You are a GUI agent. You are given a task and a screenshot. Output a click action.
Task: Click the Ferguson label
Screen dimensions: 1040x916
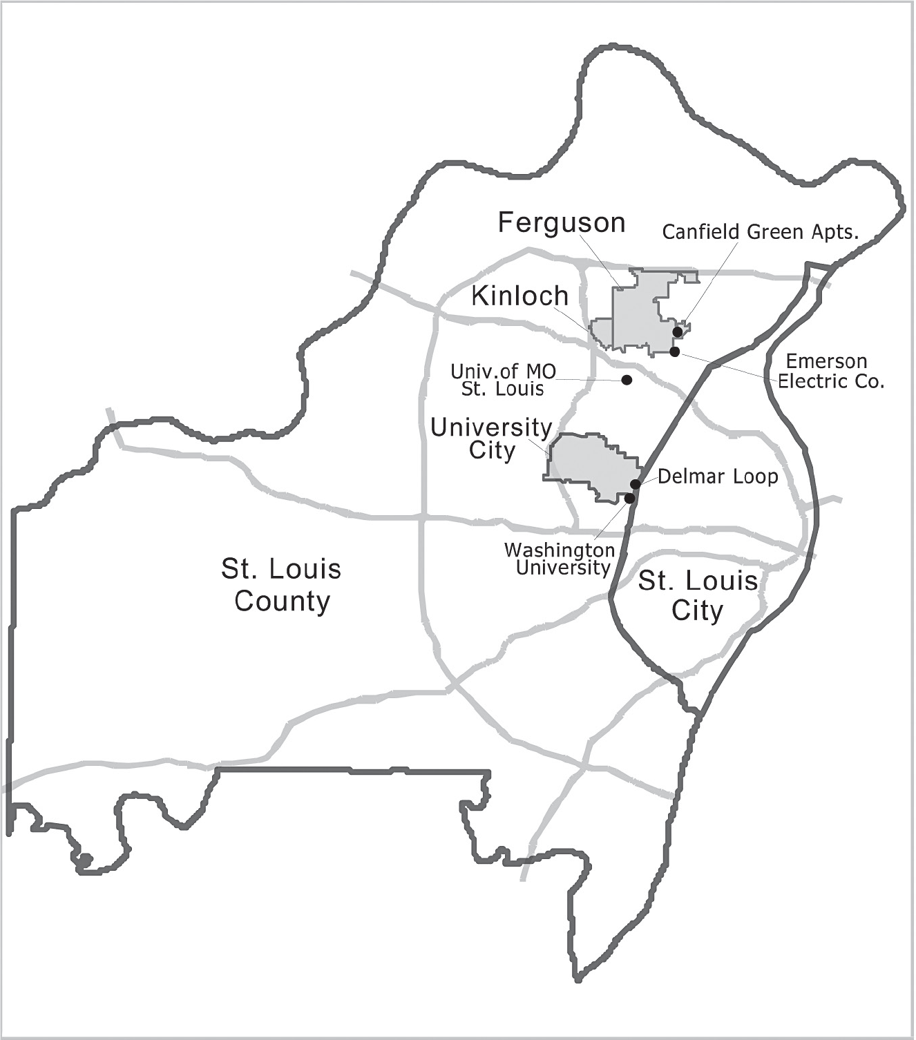[x=561, y=223]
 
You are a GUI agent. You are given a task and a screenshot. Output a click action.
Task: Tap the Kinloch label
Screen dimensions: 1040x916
[x=519, y=296]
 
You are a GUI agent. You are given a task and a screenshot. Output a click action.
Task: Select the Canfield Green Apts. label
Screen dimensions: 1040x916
[x=760, y=232]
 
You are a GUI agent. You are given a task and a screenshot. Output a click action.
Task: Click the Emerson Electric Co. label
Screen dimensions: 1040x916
[x=830, y=372]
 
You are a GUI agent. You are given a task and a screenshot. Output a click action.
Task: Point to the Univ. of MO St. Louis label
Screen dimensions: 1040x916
[x=503, y=380]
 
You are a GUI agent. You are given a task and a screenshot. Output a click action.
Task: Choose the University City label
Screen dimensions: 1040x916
[x=491, y=439]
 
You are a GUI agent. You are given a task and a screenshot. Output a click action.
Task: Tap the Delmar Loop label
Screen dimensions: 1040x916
[x=718, y=476]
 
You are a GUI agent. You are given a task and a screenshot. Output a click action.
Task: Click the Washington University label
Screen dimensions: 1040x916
[x=560, y=559]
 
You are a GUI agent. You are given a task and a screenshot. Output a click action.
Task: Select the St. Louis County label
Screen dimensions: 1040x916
[x=281, y=585]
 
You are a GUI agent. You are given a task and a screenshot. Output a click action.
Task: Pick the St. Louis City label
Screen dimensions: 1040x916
[x=697, y=595]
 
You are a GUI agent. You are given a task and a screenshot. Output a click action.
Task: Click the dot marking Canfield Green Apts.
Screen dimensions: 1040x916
[x=678, y=332]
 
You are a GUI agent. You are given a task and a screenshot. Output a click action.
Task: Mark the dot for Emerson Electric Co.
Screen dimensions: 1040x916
[x=675, y=352]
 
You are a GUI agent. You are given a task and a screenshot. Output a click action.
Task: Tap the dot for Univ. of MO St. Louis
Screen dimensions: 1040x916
[x=627, y=380]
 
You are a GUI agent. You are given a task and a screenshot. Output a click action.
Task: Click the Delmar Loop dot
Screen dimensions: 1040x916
[x=636, y=484]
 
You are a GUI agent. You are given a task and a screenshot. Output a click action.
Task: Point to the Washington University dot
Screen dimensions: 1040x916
[x=629, y=498]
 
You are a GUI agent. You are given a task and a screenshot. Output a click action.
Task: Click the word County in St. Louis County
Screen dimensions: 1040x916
[x=282, y=601]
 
